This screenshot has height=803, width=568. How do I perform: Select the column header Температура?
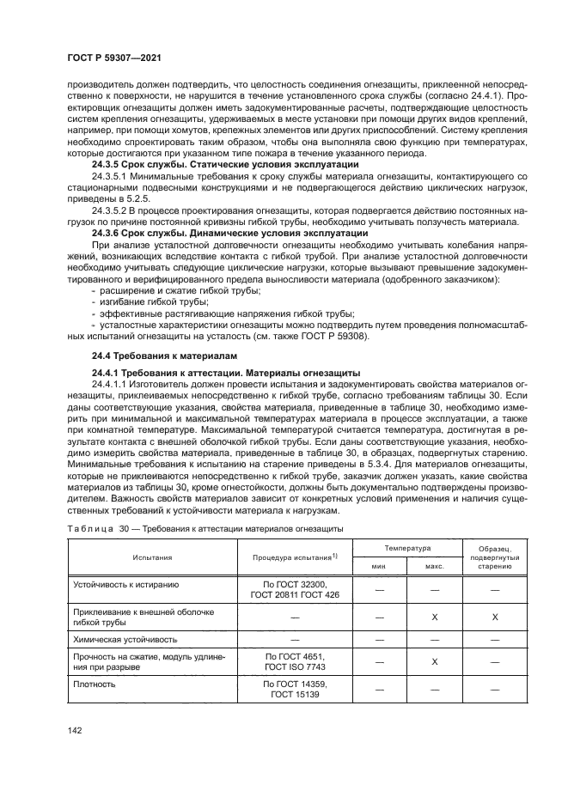407,547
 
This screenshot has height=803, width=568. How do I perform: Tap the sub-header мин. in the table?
378,567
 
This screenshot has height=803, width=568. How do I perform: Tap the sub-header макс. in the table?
435,567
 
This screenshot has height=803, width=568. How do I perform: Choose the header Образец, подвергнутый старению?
494,557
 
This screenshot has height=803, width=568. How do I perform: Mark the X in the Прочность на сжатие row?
435,661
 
